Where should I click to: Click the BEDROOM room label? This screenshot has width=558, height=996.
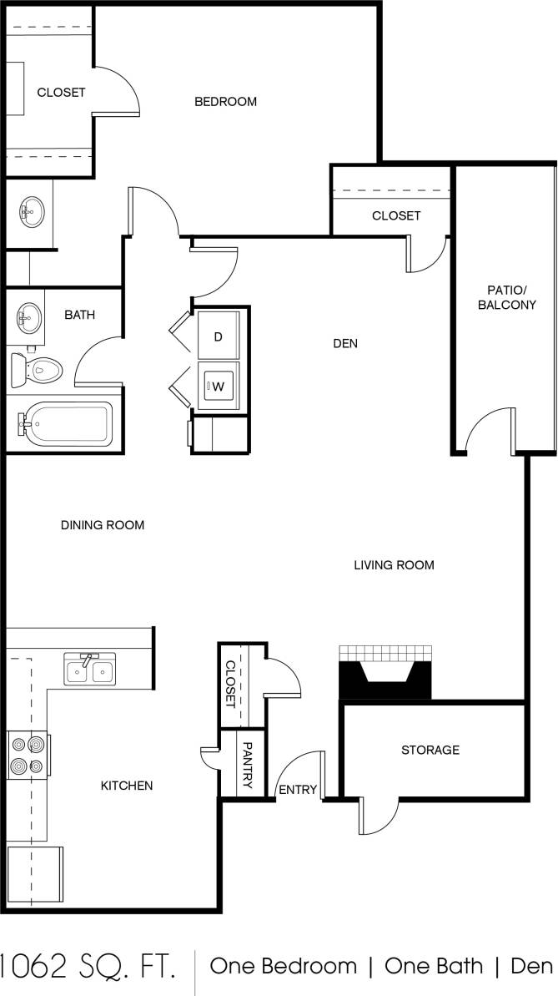(225, 102)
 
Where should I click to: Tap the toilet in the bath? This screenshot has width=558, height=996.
(38, 368)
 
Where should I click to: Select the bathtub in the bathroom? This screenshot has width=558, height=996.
(65, 424)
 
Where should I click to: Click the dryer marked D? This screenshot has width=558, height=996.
(219, 336)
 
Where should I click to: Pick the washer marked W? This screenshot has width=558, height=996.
(219, 386)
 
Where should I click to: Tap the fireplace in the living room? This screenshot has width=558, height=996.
(385, 673)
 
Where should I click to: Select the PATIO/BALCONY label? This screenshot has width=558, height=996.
(506, 297)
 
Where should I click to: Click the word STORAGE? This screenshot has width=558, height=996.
(430, 750)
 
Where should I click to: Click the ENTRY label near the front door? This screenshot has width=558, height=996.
(298, 790)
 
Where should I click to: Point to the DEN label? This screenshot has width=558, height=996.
(345, 343)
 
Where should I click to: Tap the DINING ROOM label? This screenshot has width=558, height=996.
(103, 525)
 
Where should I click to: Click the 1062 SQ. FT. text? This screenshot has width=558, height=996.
(88, 967)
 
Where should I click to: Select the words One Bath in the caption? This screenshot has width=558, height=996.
(433, 967)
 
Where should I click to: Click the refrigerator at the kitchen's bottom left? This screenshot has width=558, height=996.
(34, 873)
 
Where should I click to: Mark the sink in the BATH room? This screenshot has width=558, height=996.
(30, 316)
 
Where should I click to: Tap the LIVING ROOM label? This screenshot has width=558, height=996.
(394, 565)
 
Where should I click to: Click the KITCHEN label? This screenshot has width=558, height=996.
(127, 786)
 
